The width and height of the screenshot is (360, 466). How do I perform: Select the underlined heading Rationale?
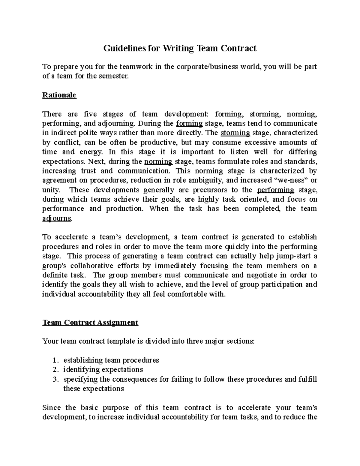point(59,95)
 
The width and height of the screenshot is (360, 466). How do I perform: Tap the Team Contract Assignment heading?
point(90,322)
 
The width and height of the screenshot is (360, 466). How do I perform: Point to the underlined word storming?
point(235,133)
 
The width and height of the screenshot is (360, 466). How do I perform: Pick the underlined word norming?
point(158,161)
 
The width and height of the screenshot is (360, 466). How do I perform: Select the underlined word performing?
point(276,190)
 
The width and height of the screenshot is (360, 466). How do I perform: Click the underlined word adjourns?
point(57,218)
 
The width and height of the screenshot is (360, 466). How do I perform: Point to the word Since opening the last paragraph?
point(52,407)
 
